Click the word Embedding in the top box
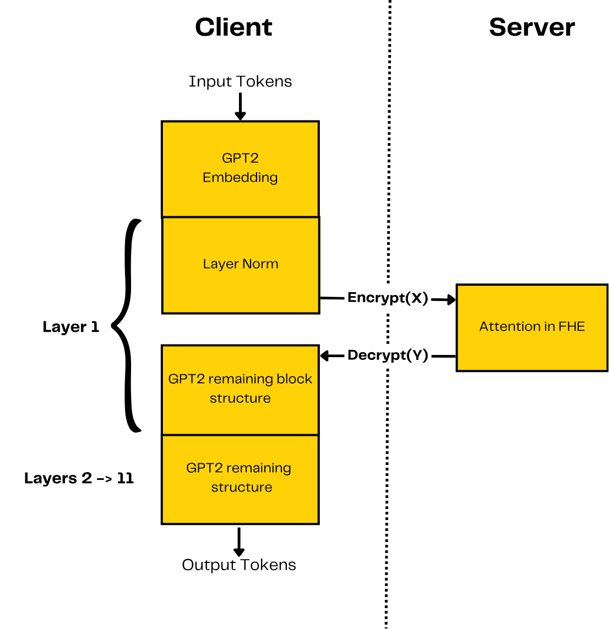coord(240,178)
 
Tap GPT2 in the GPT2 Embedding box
coord(240,158)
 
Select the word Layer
coord(220,264)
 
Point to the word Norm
coord(261,264)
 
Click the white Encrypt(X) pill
coord(388,298)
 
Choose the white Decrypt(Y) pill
coord(388,355)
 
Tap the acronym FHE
coord(572,326)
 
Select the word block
coord(297,379)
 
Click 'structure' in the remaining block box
coord(240,398)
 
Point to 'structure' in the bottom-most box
coord(242,488)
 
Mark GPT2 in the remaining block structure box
coord(186,379)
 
